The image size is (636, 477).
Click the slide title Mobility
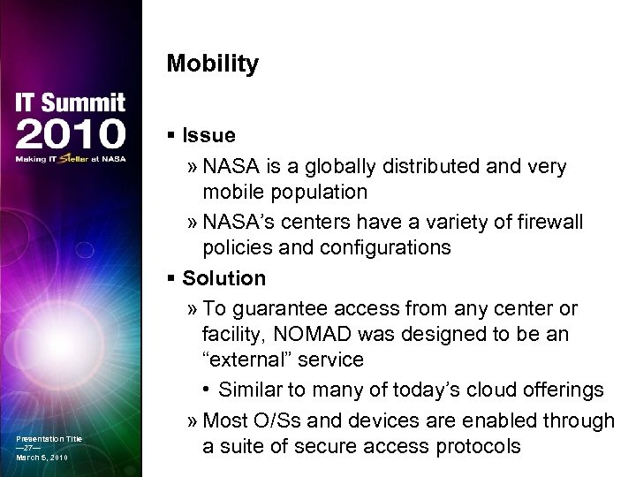click(x=212, y=64)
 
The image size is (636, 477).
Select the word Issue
click(x=208, y=136)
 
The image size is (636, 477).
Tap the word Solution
click(x=223, y=278)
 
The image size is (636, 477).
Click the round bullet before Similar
click(x=207, y=390)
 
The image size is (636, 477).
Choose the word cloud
click(x=488, y=390)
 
